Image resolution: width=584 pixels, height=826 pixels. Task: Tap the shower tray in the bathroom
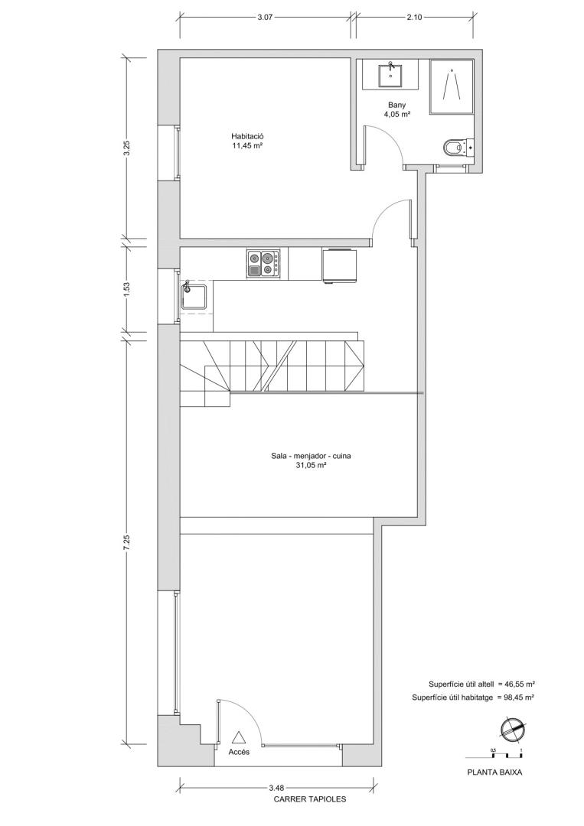click(x=451, y=86)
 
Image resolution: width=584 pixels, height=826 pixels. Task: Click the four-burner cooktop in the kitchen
click(x=263, y=264)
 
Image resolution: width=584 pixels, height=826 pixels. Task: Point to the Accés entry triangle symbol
click(x=239, y=737)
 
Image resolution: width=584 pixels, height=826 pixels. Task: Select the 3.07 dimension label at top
click(x=265, y=18)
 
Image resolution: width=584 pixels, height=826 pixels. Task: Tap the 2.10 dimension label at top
click(x=414, y=18)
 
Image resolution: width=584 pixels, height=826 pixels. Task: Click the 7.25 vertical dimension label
click(x=126, y=542)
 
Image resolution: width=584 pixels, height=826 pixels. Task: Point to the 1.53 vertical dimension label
click(x=126, y=289)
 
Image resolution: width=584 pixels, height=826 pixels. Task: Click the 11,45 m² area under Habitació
click(x=248, y=146)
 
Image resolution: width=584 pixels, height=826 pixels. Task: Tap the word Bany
click(x=397, y=105)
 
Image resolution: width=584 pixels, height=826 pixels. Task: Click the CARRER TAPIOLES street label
click(x=310, y=799)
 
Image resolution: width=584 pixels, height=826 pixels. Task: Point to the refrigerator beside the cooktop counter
click(x=339, y=265)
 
